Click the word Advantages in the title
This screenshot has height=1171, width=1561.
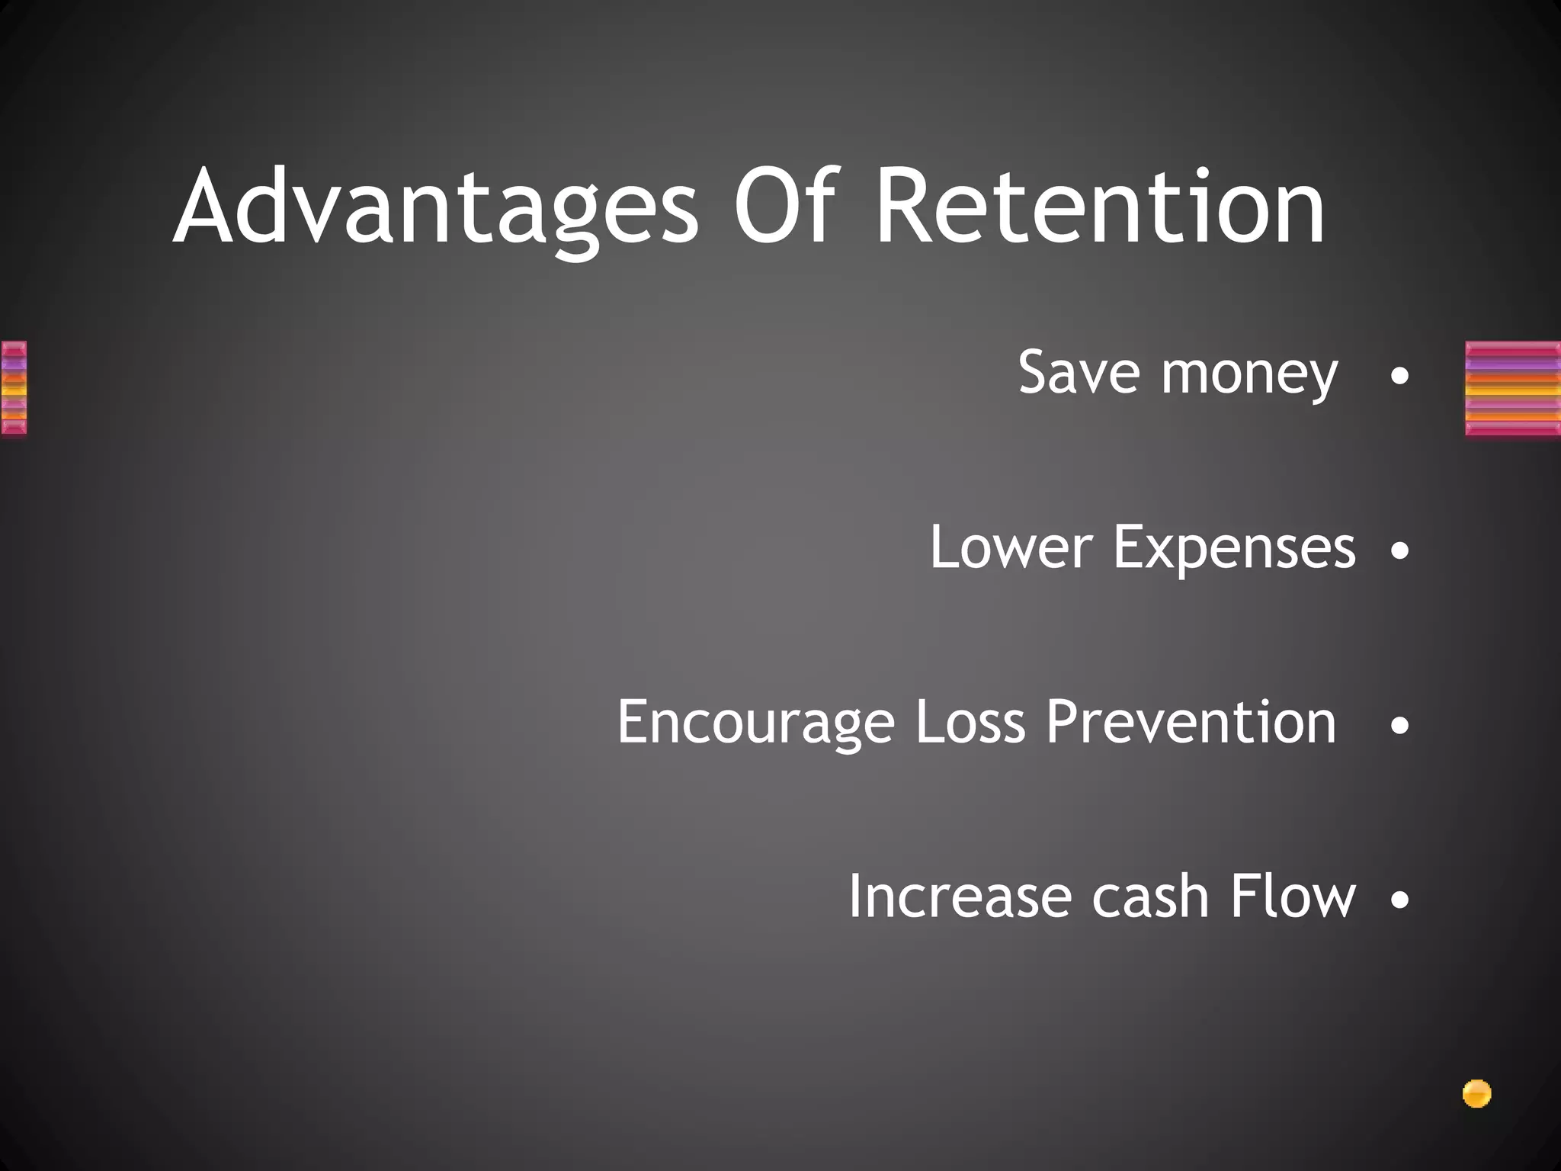click(x=435, y=207)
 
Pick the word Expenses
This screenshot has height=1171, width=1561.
click(x=1234, y=549)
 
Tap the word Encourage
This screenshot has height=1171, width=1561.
click(x=755, y=723)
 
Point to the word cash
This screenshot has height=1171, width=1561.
click(x=1150, y=896)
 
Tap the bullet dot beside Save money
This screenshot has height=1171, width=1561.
click(x=1399, y=376)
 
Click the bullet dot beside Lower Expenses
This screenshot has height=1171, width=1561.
click(x=1399, y=550)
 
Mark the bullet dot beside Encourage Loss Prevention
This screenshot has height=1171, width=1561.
click(x=1399, y=725)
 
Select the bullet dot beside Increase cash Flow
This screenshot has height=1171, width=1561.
click(x=1399, y=900)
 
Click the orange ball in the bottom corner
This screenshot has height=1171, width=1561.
click(x=1476, y=1094)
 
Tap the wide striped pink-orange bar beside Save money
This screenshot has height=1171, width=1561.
click(x=1512, y=389)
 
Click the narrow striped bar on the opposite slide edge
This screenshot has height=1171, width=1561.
click(x=13, y=388)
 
